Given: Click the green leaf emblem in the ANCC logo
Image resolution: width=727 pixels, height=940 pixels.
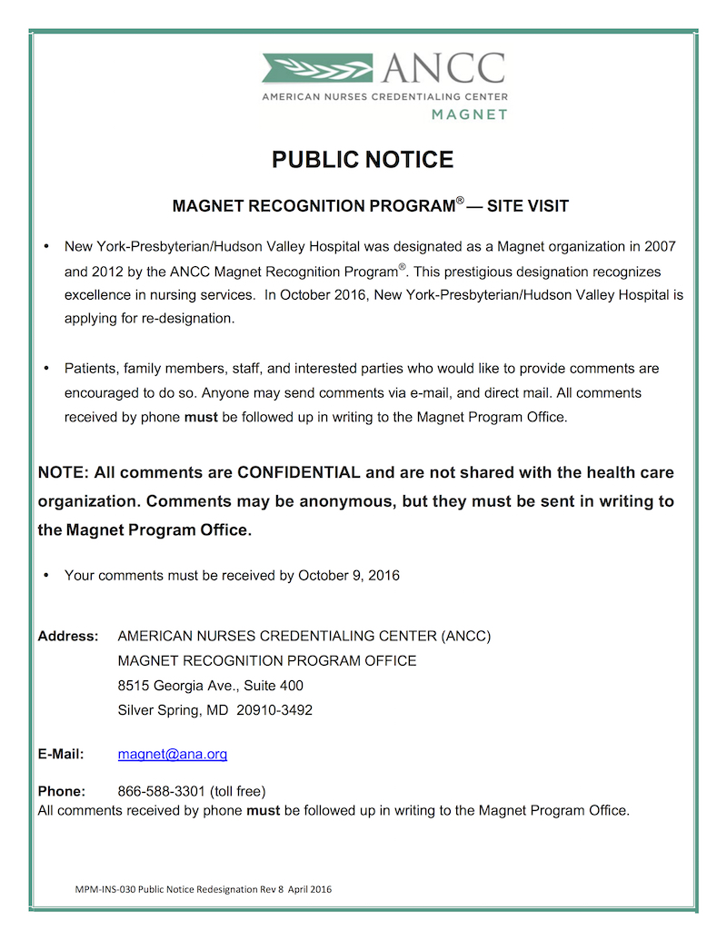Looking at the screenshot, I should pyautogui.click(x=316, y=68).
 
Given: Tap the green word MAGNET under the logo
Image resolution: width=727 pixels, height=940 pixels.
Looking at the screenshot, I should pyautogui.click(x=469, y=114).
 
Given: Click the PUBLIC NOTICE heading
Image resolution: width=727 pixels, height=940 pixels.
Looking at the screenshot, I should pyautogui.click(x=363, y=160).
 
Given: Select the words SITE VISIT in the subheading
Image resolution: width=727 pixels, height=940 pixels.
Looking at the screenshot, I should pyautogui.click(x=528, y=206).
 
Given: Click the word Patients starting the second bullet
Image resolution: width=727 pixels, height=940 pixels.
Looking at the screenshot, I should pyautogui.click(x=92, y=369).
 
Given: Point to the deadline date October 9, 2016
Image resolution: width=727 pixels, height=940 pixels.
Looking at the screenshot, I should pyautogui.click(x=349, y=575).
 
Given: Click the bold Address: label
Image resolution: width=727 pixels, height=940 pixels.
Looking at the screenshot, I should pyautogui.click(x=68, y=637).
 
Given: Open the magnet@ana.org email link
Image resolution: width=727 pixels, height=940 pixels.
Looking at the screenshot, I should pyautogui.click(x=173, y=754).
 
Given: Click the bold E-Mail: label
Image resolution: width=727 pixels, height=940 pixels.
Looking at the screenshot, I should pyautogui.click(x=61, y=754).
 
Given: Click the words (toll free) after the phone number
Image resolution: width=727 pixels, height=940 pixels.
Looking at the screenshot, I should pyautogui.click(x=238, y=791).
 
